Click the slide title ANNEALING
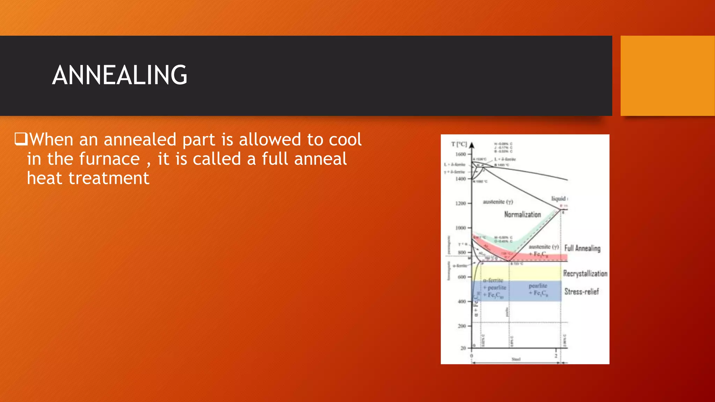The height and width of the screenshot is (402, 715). (120, 75)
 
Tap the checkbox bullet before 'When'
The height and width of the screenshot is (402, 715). (21, 139)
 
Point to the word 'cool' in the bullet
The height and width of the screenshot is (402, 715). (345, 139)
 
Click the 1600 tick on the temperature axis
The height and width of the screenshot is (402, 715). (461, 154)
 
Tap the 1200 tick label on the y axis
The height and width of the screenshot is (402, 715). (461, 203)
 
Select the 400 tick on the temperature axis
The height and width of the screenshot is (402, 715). (462, 301)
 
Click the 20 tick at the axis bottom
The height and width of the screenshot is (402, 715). (463, 348)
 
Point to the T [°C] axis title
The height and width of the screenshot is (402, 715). (459, 144)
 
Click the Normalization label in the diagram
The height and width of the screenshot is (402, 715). (522, 214)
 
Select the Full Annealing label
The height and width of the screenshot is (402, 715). (582, 248)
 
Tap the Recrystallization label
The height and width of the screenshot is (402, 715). (585, 274)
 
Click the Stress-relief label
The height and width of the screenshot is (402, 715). (581, 291)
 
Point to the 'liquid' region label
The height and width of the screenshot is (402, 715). (558, 199)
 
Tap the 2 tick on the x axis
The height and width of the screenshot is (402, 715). (556, 356)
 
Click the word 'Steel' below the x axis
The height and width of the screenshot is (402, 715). (516, 359)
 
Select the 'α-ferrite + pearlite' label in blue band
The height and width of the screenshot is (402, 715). (494, 284)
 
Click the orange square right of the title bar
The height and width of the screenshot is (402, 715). (668, 76)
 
